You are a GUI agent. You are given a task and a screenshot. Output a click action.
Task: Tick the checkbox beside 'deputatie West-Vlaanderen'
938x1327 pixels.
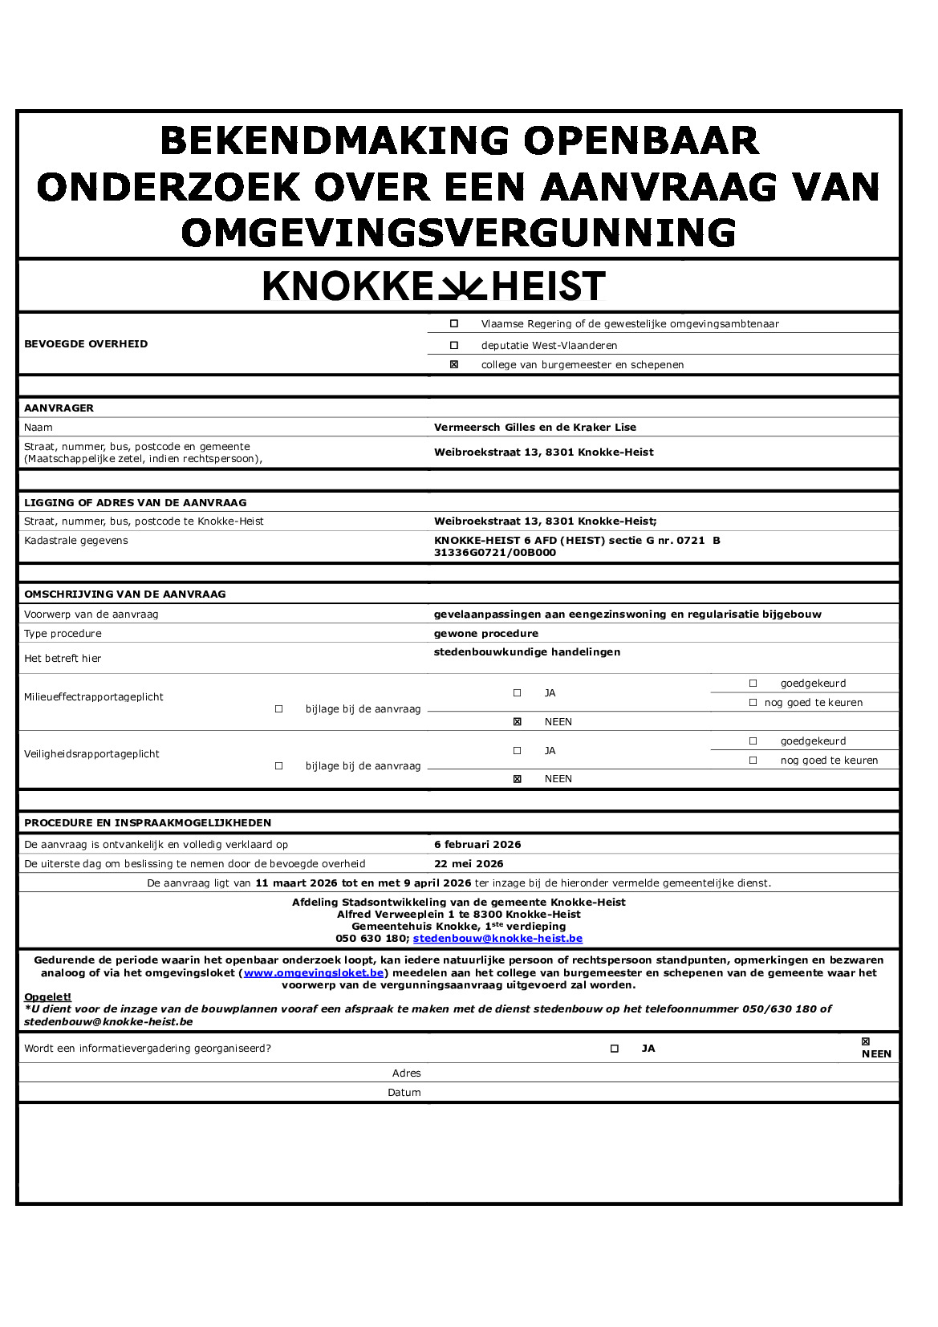454,346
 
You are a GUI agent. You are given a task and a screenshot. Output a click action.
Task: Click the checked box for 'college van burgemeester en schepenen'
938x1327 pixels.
454,365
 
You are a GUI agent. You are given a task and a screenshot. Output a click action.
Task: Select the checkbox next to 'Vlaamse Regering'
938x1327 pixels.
454,324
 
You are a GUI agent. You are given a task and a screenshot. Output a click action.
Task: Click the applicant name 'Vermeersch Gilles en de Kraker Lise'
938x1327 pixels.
535,428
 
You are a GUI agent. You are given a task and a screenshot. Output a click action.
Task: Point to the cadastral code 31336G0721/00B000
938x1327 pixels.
495,553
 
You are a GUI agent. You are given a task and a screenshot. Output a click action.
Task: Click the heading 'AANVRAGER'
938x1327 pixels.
59,408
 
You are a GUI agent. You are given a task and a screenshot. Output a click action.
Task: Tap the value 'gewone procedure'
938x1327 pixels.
486,634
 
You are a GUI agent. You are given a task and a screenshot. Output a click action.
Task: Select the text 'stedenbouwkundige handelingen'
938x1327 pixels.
527,652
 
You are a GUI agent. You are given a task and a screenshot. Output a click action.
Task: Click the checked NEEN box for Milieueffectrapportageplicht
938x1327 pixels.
518,722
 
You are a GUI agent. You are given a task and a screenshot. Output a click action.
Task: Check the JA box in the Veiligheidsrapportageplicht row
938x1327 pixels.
518,751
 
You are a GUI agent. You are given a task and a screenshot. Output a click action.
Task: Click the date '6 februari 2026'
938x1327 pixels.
477,845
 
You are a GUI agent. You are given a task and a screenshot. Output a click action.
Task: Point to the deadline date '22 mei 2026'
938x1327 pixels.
469,864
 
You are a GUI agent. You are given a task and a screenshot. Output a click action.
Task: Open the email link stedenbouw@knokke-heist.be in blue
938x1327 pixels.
497,939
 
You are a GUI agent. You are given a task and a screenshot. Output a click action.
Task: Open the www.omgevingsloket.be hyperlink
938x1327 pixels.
314,973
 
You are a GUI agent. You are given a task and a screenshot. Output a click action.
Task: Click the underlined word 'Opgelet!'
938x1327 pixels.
47,997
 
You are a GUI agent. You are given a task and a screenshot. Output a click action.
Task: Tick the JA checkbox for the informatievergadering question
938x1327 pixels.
615,1049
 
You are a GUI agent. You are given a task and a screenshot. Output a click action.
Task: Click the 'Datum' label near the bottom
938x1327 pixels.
404,1093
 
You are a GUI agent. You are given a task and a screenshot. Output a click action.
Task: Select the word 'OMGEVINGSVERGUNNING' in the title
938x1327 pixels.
459,233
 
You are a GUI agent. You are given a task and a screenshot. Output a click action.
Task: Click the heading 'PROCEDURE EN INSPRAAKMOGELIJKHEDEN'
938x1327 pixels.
148,823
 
